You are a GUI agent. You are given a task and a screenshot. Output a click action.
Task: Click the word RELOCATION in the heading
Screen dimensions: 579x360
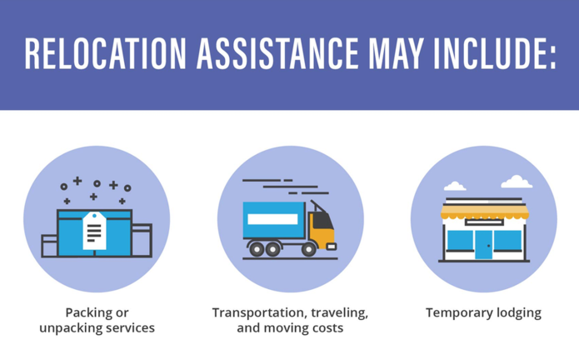point(105,53)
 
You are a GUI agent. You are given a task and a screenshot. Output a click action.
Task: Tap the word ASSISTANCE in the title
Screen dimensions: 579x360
point(277,53)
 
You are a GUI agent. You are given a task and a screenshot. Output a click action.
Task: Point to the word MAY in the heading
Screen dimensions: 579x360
point(396,53)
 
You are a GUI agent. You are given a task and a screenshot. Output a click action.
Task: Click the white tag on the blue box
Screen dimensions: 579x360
point(94,231)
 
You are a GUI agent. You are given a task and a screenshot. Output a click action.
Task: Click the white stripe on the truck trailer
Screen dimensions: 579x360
point(272,219)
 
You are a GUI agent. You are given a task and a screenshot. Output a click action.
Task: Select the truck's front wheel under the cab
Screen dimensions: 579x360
point(309,249)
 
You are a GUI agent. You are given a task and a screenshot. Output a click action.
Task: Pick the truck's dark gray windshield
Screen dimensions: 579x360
point(322,221)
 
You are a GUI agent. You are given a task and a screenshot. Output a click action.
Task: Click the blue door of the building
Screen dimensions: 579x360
point(484,244)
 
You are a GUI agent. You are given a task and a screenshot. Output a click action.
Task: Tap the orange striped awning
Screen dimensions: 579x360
point(485,212)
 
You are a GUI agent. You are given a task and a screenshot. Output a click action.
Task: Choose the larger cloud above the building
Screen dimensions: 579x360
point(517,182)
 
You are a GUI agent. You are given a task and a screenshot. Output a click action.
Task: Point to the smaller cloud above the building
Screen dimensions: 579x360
point(455,186)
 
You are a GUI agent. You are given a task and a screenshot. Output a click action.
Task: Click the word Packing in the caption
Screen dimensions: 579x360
point(85,313)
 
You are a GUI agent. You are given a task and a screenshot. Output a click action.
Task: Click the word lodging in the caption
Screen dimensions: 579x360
point(519,313)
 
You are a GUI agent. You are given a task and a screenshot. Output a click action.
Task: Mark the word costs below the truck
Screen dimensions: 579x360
point(327,327)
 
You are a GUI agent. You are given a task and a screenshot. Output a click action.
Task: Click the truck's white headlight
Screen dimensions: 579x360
point(332,247)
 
